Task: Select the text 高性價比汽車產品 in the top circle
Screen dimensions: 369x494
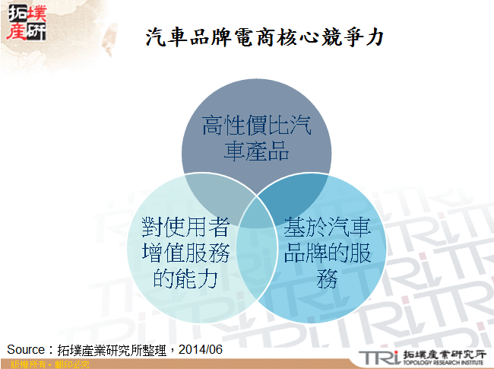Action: click(256, 138)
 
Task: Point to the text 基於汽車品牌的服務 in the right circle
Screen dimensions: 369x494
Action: click(328, 252)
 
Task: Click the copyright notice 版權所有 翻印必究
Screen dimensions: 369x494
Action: click(48, 364)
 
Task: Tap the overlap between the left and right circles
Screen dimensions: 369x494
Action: click(256, 243)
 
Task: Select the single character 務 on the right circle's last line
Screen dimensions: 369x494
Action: click(328, 278)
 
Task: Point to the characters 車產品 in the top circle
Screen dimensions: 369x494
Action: click(256, 151)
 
